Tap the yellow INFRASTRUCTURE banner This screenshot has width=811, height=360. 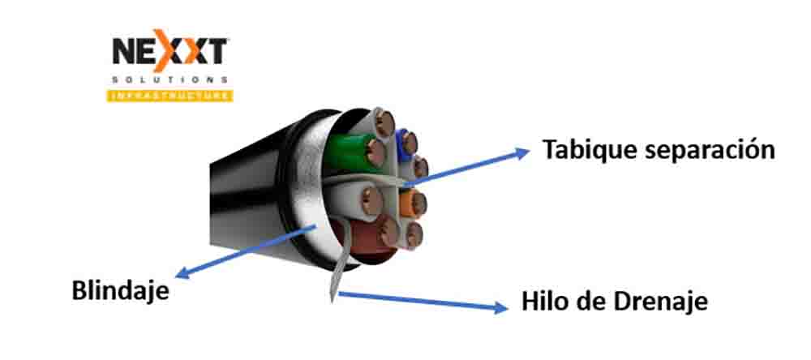(169, 96)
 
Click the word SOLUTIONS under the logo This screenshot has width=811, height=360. (169, 81)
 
